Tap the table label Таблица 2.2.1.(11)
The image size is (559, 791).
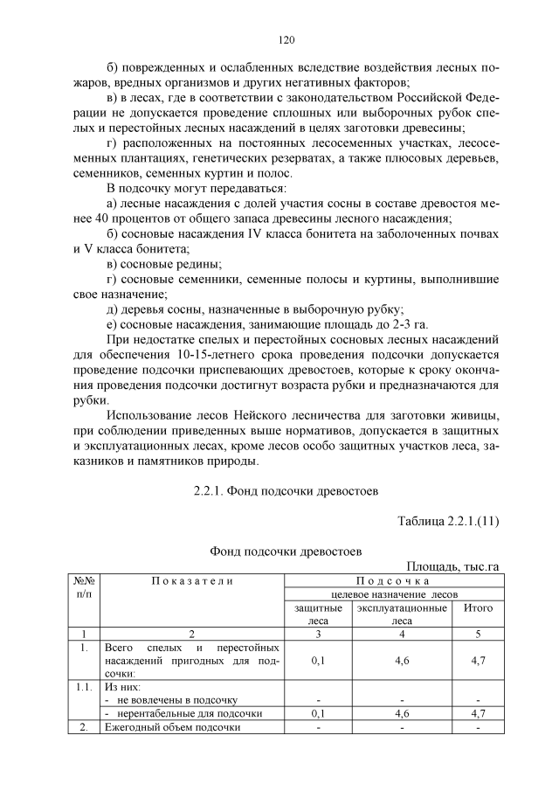click(447, 522)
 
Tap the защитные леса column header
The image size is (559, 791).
click(318, 614)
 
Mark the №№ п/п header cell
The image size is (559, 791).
click(83, 586)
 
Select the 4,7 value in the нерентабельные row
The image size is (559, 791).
click(478, 713)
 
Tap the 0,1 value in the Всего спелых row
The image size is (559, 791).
click(318, 661)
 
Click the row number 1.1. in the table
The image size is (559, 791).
click(83, 687)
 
